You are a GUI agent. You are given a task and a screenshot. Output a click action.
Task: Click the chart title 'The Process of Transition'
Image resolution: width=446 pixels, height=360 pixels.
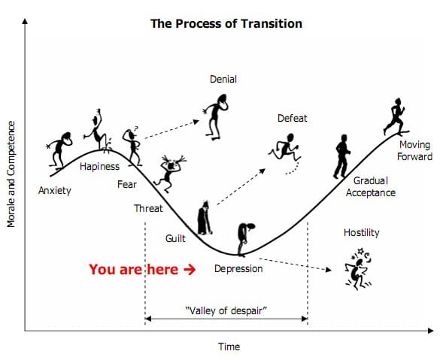(226, 23)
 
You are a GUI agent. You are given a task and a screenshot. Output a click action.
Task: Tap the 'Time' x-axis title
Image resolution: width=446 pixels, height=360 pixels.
(229, 346)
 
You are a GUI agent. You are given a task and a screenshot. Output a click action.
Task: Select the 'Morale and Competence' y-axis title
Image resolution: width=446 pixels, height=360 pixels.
(11, 174)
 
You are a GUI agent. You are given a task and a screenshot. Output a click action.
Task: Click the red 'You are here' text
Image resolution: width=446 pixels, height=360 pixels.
(134, 269)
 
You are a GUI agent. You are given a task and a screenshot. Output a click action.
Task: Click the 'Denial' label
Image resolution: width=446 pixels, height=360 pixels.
(223, 79)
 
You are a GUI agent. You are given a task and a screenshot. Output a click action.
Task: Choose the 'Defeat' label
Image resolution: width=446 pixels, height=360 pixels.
(293, 118)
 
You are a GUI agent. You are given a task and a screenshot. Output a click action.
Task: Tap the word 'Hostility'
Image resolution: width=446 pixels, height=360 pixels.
(362, 233)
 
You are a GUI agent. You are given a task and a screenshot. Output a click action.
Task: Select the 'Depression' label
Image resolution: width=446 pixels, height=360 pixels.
(238, 269)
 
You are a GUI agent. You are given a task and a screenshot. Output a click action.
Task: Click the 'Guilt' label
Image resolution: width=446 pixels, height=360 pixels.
(175, 238)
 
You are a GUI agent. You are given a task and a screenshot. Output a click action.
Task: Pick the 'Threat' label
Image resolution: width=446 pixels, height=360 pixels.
(148, 208)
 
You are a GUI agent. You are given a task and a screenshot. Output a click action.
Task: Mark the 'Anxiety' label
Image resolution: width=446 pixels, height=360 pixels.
(55, 190)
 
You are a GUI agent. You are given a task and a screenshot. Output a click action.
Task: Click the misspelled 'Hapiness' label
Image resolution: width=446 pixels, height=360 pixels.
(99, 166)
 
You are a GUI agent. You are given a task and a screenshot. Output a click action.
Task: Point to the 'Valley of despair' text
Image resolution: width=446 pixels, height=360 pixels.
(226, 310)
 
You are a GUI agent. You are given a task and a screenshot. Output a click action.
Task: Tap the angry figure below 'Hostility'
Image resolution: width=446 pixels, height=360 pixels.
(358, 269)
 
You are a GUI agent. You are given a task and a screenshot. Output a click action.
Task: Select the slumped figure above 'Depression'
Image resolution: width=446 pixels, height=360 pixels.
(245, 240)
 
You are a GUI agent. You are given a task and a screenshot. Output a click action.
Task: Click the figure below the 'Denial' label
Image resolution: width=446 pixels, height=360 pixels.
(216, 117)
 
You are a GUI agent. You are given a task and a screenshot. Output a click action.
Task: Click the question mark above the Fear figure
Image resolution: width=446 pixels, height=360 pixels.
(136, 129)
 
